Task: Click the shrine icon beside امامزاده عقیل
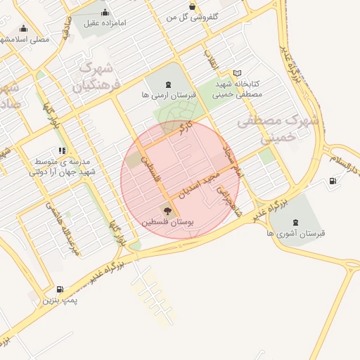tap(105, 12)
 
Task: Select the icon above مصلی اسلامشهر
tap(25, 29)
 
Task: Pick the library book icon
tap(238, 73)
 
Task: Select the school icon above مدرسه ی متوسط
tap(63, 150)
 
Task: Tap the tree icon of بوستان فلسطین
tap(167, 210)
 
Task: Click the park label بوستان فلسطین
tap(168, 221)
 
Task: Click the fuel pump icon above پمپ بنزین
tap(60, 289)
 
